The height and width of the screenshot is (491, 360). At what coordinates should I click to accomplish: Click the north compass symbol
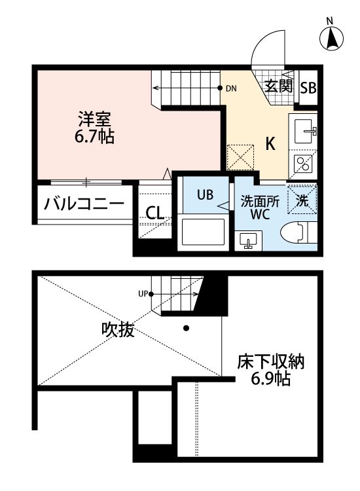pyautogui.click(x=333, y=39)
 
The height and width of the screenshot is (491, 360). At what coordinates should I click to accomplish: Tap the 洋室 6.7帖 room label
pyautogui.click(x=96, y=128)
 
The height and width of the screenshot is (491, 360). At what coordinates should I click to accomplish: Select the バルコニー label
pyautogui.click(x=84, y=204)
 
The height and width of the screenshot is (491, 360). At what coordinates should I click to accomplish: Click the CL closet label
pyautogui.click(x=155, y=213)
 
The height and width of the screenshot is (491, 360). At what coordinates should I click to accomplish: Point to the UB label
pyautogui.click(x=204, y=194)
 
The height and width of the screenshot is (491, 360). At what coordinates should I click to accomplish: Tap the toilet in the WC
pyautogui.click(x=298, y=233)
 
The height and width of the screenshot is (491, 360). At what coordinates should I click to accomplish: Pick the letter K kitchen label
pyautogui.click(x=269, y=145)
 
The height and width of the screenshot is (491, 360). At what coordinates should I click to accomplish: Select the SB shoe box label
pyautogui.click(x=308, y=87)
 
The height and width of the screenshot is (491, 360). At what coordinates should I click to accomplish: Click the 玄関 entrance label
pyautogui.click(x=278, y=85)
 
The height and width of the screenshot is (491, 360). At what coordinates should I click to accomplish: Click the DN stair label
pyautogui.click(x=231, y=88)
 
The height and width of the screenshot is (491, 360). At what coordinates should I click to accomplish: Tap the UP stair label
pyautogui.click(x=142, y=293)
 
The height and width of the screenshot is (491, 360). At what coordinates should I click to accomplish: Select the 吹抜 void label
pyautogui.click(x=118, y=330)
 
